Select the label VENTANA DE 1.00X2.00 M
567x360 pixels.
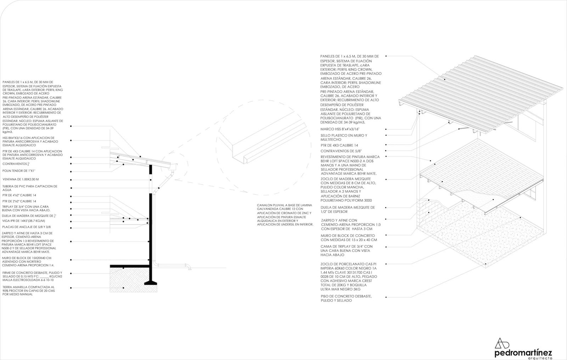[21, 179]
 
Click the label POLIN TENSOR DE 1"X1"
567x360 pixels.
[17, 171]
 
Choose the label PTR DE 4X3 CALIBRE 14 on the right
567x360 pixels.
[339, 145]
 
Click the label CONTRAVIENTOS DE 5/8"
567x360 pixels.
[338, 151]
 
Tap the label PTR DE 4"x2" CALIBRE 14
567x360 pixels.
[19, 195]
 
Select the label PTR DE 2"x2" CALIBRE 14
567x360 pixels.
[19, 201]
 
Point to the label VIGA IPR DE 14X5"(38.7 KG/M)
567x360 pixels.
[23, 221]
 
